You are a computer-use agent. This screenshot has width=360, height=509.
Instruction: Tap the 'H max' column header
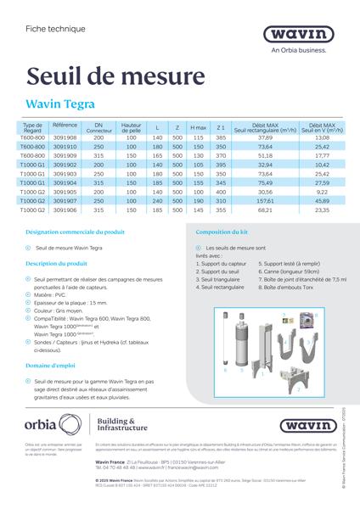click(199, 127)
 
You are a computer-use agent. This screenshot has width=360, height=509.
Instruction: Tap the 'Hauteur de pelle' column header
click(131, 127)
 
